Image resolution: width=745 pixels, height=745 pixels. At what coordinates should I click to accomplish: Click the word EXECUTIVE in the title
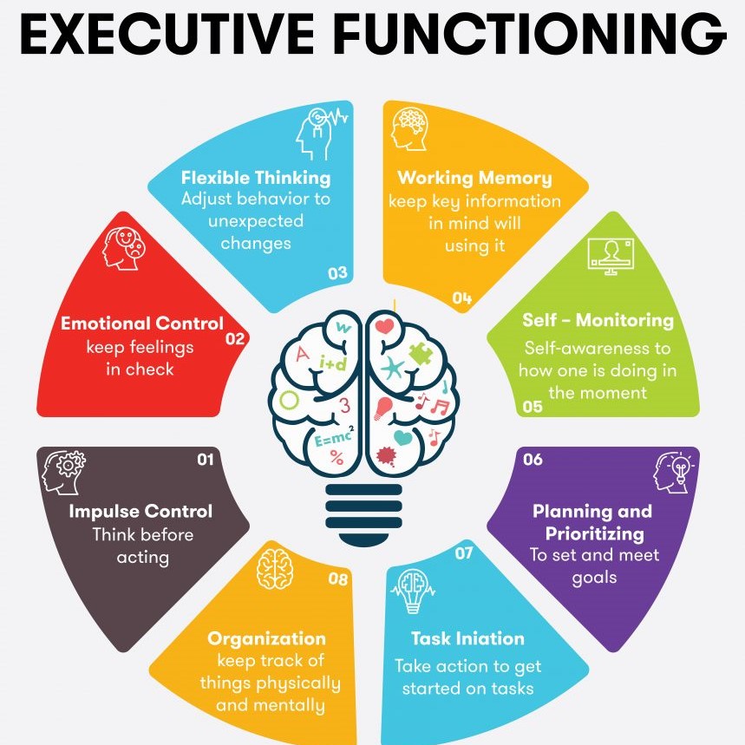tap(167, 33)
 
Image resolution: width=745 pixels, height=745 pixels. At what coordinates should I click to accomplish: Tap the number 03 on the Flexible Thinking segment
tap(337, 273)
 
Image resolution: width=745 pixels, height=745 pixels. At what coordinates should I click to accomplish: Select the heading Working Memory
tap(474, 178)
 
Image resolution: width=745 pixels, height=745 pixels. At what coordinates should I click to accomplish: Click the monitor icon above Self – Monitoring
tap(611, 256)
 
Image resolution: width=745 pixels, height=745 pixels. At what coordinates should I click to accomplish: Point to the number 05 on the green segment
tap(533, 407)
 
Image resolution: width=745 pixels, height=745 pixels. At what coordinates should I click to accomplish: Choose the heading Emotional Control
tap(142, 323)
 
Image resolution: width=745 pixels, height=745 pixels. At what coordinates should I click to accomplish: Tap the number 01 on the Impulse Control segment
tap(206, 460)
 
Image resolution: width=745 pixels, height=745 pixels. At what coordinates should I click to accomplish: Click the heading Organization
tap(266, 638)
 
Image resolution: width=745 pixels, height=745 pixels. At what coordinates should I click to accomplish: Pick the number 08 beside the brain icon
tap(338, 578)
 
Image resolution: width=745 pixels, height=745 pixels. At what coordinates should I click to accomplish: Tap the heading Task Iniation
tap(467, 638)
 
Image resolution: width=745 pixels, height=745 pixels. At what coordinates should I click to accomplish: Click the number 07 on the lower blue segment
tap(464, 552)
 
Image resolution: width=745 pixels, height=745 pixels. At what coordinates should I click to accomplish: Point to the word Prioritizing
tap(594, 534)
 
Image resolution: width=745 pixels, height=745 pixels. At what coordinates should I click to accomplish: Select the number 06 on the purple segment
tap(533, 460)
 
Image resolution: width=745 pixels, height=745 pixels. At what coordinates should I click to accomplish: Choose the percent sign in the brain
tap(337, 457)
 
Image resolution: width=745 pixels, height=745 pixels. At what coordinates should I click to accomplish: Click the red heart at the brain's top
tap(384, 326)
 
